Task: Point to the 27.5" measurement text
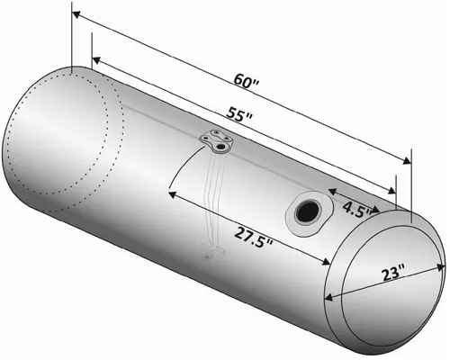[x=255, y=236]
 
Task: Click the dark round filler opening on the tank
[x=304, y=212]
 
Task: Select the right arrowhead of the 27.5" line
[x=328, y=262]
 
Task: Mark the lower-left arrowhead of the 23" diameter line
[x=339, y=301]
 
